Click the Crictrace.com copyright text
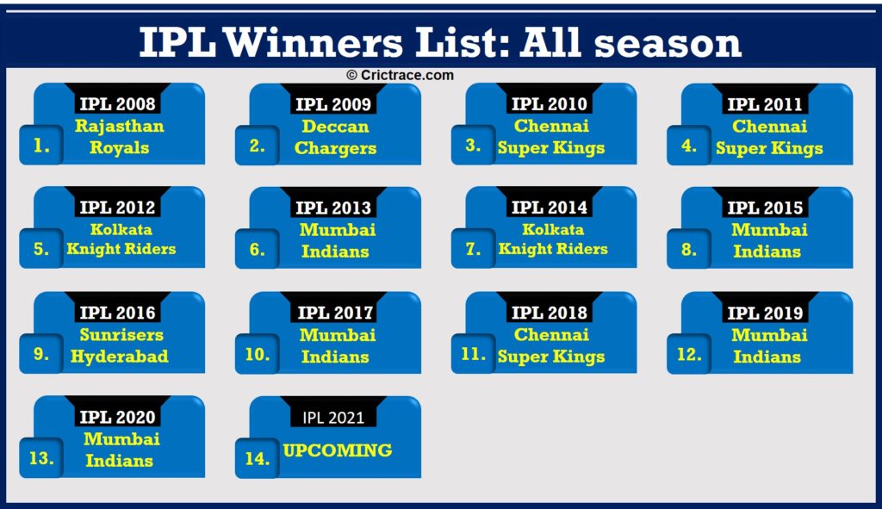coord(400,76)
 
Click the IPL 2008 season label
coord(118,104)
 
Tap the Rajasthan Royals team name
coord(119,137)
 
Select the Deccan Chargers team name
coord(335,137)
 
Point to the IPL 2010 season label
coord(550,104)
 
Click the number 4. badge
coord(689,146)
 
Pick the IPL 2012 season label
coord(118,208)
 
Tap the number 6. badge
coord(258,250)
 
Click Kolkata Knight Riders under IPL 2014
coord(552,239)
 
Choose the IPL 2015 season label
coord(766,208)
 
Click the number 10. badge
coord(257,355)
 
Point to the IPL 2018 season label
coord(550,313)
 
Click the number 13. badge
coord(41,459)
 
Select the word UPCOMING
coord(337,450)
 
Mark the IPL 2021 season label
coord(333,418)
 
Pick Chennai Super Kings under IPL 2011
coord(768,137)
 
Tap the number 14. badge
coord(257,459)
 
